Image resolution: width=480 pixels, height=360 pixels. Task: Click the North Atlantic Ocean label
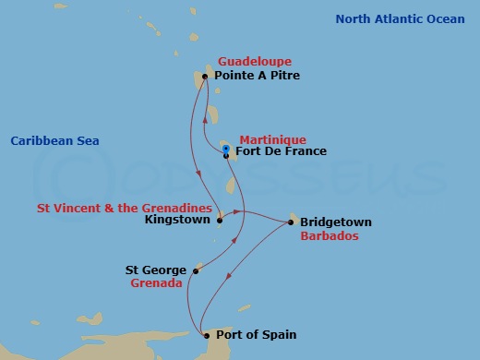pos(402,18)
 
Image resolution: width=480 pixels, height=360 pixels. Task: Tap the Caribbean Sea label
pos(54,140)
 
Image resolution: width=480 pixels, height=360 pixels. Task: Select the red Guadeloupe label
pos(248,61)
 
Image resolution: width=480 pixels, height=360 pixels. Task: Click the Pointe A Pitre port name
pos(257,76)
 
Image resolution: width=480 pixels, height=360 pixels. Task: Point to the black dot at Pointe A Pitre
pos(204,77)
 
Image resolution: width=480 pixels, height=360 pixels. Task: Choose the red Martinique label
pos(272,139)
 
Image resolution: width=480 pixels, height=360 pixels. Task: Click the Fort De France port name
pos(281,152)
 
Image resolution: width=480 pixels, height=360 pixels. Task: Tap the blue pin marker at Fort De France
pos(225,148)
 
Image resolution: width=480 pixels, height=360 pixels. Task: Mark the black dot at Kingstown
pos(220,221)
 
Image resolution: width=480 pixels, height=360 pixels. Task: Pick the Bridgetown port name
pos(335,222)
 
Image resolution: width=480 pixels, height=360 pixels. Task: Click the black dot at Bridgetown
pos(292,222)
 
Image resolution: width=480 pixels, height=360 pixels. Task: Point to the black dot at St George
pos(196,271)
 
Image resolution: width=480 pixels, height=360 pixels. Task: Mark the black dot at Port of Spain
pos(207,336)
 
